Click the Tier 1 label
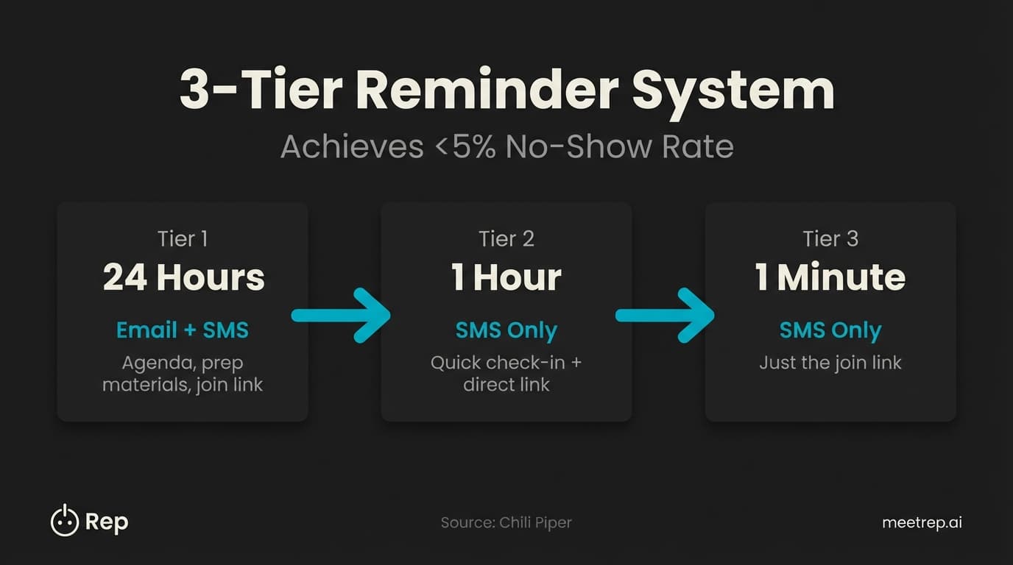tap(183, 239)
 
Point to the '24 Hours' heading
tap(183, 278)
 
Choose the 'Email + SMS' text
tap(183, 330)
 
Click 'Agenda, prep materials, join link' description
tap(183, 373)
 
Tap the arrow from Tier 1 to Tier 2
tap(342, 316)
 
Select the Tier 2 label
tap(506, 239)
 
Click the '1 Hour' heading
tap(506, 278)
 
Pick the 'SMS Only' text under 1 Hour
tap(506, 330)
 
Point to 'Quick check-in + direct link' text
tap(506, 373)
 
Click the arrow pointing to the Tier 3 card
tap(666, 316)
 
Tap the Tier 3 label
tap(830, 239)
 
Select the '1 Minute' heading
tap(830, 278)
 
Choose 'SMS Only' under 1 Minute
tap(830, 330)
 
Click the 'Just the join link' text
tap(830, 363)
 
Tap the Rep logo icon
tap(64, 521)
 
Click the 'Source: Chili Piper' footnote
tap(506, 523)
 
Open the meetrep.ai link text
tap(922, 523)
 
